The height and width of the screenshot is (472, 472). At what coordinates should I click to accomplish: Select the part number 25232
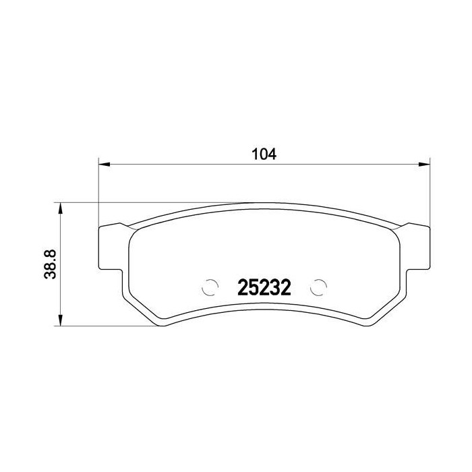pos(264,289)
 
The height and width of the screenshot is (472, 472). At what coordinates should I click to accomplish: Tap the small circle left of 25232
pos(210,287)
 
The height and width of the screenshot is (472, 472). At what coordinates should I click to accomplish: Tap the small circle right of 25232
pos(318,287)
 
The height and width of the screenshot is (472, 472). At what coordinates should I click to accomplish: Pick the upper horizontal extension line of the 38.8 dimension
pos(135,202)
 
